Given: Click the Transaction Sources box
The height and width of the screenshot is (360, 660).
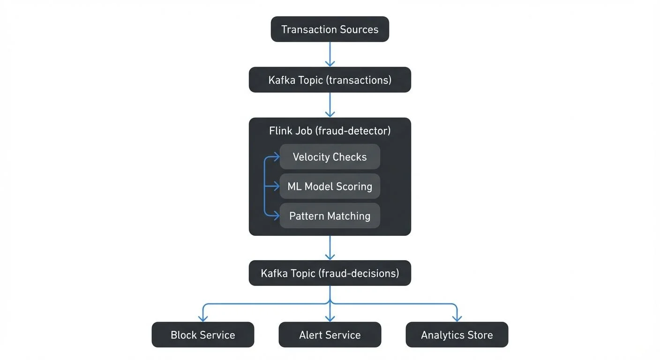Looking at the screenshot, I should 330,29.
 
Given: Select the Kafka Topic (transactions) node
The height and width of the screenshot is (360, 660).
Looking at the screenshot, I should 330,80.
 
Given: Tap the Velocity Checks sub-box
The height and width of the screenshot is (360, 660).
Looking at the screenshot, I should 330,157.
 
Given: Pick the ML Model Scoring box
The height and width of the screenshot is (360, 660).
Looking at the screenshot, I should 330,186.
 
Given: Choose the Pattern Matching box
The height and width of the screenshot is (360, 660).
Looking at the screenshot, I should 330,216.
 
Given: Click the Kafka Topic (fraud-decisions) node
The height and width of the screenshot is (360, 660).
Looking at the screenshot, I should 330,273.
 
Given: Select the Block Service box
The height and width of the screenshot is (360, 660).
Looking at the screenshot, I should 202,335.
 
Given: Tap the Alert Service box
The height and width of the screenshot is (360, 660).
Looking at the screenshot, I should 330,335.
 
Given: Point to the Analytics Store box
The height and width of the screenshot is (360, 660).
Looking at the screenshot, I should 457,335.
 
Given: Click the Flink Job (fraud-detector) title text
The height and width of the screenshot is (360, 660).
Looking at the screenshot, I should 330,131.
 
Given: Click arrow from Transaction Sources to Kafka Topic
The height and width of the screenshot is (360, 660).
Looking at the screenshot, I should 330,54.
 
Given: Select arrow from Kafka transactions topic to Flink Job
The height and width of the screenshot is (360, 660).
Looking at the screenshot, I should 330,105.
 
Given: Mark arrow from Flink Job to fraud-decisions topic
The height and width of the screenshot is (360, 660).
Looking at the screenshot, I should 330,247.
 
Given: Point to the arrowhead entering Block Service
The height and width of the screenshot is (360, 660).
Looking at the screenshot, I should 202,318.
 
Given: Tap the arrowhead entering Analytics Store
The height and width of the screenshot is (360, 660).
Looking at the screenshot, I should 457,318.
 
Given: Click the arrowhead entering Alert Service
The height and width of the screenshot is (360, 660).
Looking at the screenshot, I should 330,318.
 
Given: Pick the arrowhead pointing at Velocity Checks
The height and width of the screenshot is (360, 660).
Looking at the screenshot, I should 276,157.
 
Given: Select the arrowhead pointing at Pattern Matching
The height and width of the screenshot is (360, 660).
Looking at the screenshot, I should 276,216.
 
